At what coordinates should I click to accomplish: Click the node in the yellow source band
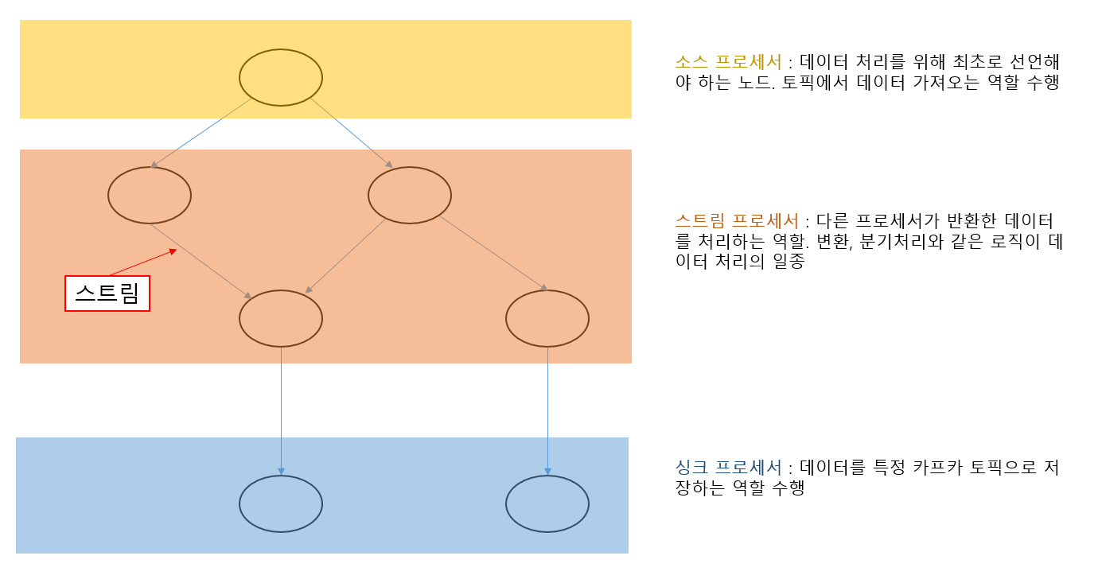click(x=281, y=77)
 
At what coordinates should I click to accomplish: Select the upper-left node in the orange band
click(x=150, y=195)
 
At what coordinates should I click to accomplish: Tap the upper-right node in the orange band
click(x=410, y=195)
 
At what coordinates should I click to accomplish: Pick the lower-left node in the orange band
click(x=281, y=318)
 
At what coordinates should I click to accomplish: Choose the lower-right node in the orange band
click(x=547, y=318)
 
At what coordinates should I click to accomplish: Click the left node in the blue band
click(x=281, y=503)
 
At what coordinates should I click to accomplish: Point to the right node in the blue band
click(x=547, y=503)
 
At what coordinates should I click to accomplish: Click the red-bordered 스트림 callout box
click(x=107, y=293)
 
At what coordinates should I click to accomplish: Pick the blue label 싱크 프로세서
click(x=728, y=467)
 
